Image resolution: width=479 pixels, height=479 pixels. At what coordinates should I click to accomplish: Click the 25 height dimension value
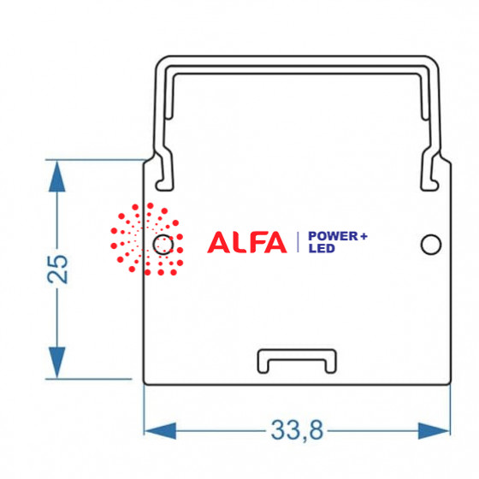coord(57,269)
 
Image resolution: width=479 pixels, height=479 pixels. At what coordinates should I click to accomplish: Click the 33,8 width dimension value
coord(297,430)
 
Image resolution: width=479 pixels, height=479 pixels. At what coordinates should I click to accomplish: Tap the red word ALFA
coord(247,242)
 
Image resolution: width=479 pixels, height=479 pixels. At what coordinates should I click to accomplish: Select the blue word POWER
coord(333,236)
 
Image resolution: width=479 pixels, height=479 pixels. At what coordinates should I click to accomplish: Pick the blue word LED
coord(322,248)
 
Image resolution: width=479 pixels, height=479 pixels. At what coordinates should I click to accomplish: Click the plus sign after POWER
coord(364,236)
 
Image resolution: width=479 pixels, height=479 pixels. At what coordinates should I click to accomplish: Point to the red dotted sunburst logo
coord(146,239)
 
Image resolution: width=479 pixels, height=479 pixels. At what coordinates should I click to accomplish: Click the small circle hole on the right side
coord(431,245)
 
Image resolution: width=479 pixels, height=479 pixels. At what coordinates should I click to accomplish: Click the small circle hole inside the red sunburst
coord(163,245)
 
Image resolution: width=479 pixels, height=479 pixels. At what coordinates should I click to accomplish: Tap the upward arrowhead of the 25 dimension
coord(57,176)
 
